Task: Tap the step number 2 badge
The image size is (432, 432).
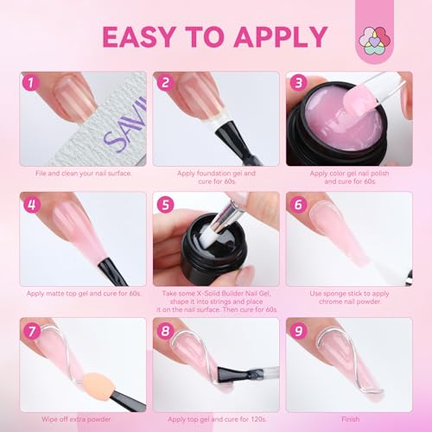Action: point(165,84)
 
